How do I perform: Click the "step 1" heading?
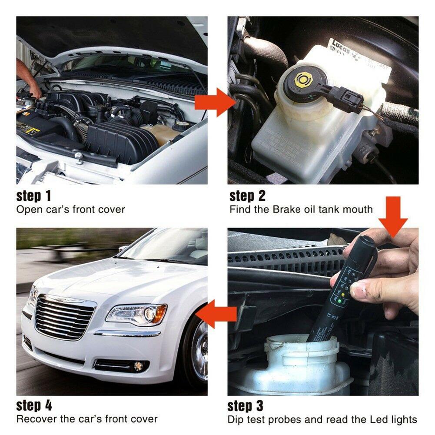(34, 196)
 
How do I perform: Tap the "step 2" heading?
(247, 196)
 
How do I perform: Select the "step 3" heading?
(246, 406)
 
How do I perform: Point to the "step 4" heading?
(34, 406)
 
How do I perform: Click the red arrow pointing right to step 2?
(214, 103)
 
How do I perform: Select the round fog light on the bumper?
(139, 366)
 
